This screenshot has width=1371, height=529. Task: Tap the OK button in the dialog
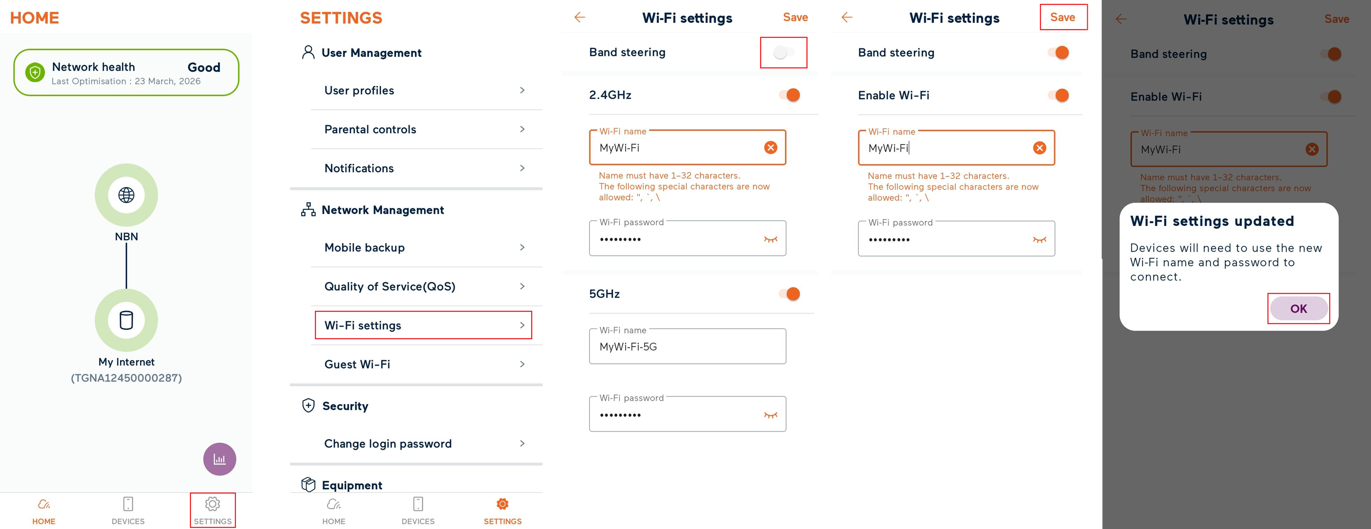coord(1298,308)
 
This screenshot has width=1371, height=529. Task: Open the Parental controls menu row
coord(424,129)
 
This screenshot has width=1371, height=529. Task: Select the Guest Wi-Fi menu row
coord(424,364)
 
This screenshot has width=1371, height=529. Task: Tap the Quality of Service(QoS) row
coord(424,287)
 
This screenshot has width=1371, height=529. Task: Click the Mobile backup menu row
coord(424,248)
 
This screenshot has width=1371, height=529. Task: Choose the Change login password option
coord(424,443)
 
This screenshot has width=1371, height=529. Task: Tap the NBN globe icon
coord(126,195)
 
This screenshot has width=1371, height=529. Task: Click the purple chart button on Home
coord(219,459)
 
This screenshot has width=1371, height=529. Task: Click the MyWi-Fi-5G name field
coord(687,347)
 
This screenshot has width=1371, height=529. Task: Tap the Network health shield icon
coord(35,72)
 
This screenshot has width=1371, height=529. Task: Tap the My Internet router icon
coord(126,320)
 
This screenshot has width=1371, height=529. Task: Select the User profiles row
coord(424,90)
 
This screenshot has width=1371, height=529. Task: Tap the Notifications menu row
coord(424,168)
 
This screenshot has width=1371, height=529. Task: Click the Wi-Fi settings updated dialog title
coord(1212,221)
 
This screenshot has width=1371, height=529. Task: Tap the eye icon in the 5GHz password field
coord(770,415)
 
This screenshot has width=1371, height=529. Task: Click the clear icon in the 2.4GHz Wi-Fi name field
coord(770,148)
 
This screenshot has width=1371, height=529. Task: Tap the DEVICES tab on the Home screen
coord(128,510)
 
